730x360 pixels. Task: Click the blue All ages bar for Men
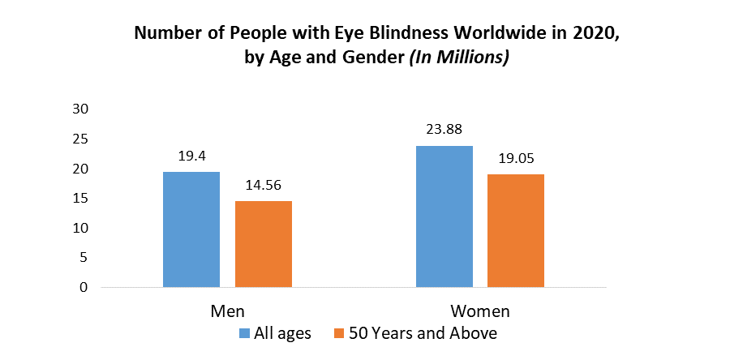[191, 229]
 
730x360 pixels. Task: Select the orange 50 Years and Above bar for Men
[263, 244]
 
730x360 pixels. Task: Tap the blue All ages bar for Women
[444, 216]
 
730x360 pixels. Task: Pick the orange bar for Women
[516, 230]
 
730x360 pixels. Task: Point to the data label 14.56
[263, 184]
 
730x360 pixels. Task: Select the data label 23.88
[444, 128]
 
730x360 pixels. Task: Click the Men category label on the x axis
[227, 311]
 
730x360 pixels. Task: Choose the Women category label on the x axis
[480, 311]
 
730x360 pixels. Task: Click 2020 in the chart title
[577, 34]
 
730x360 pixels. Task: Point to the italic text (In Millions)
[462, 59]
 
